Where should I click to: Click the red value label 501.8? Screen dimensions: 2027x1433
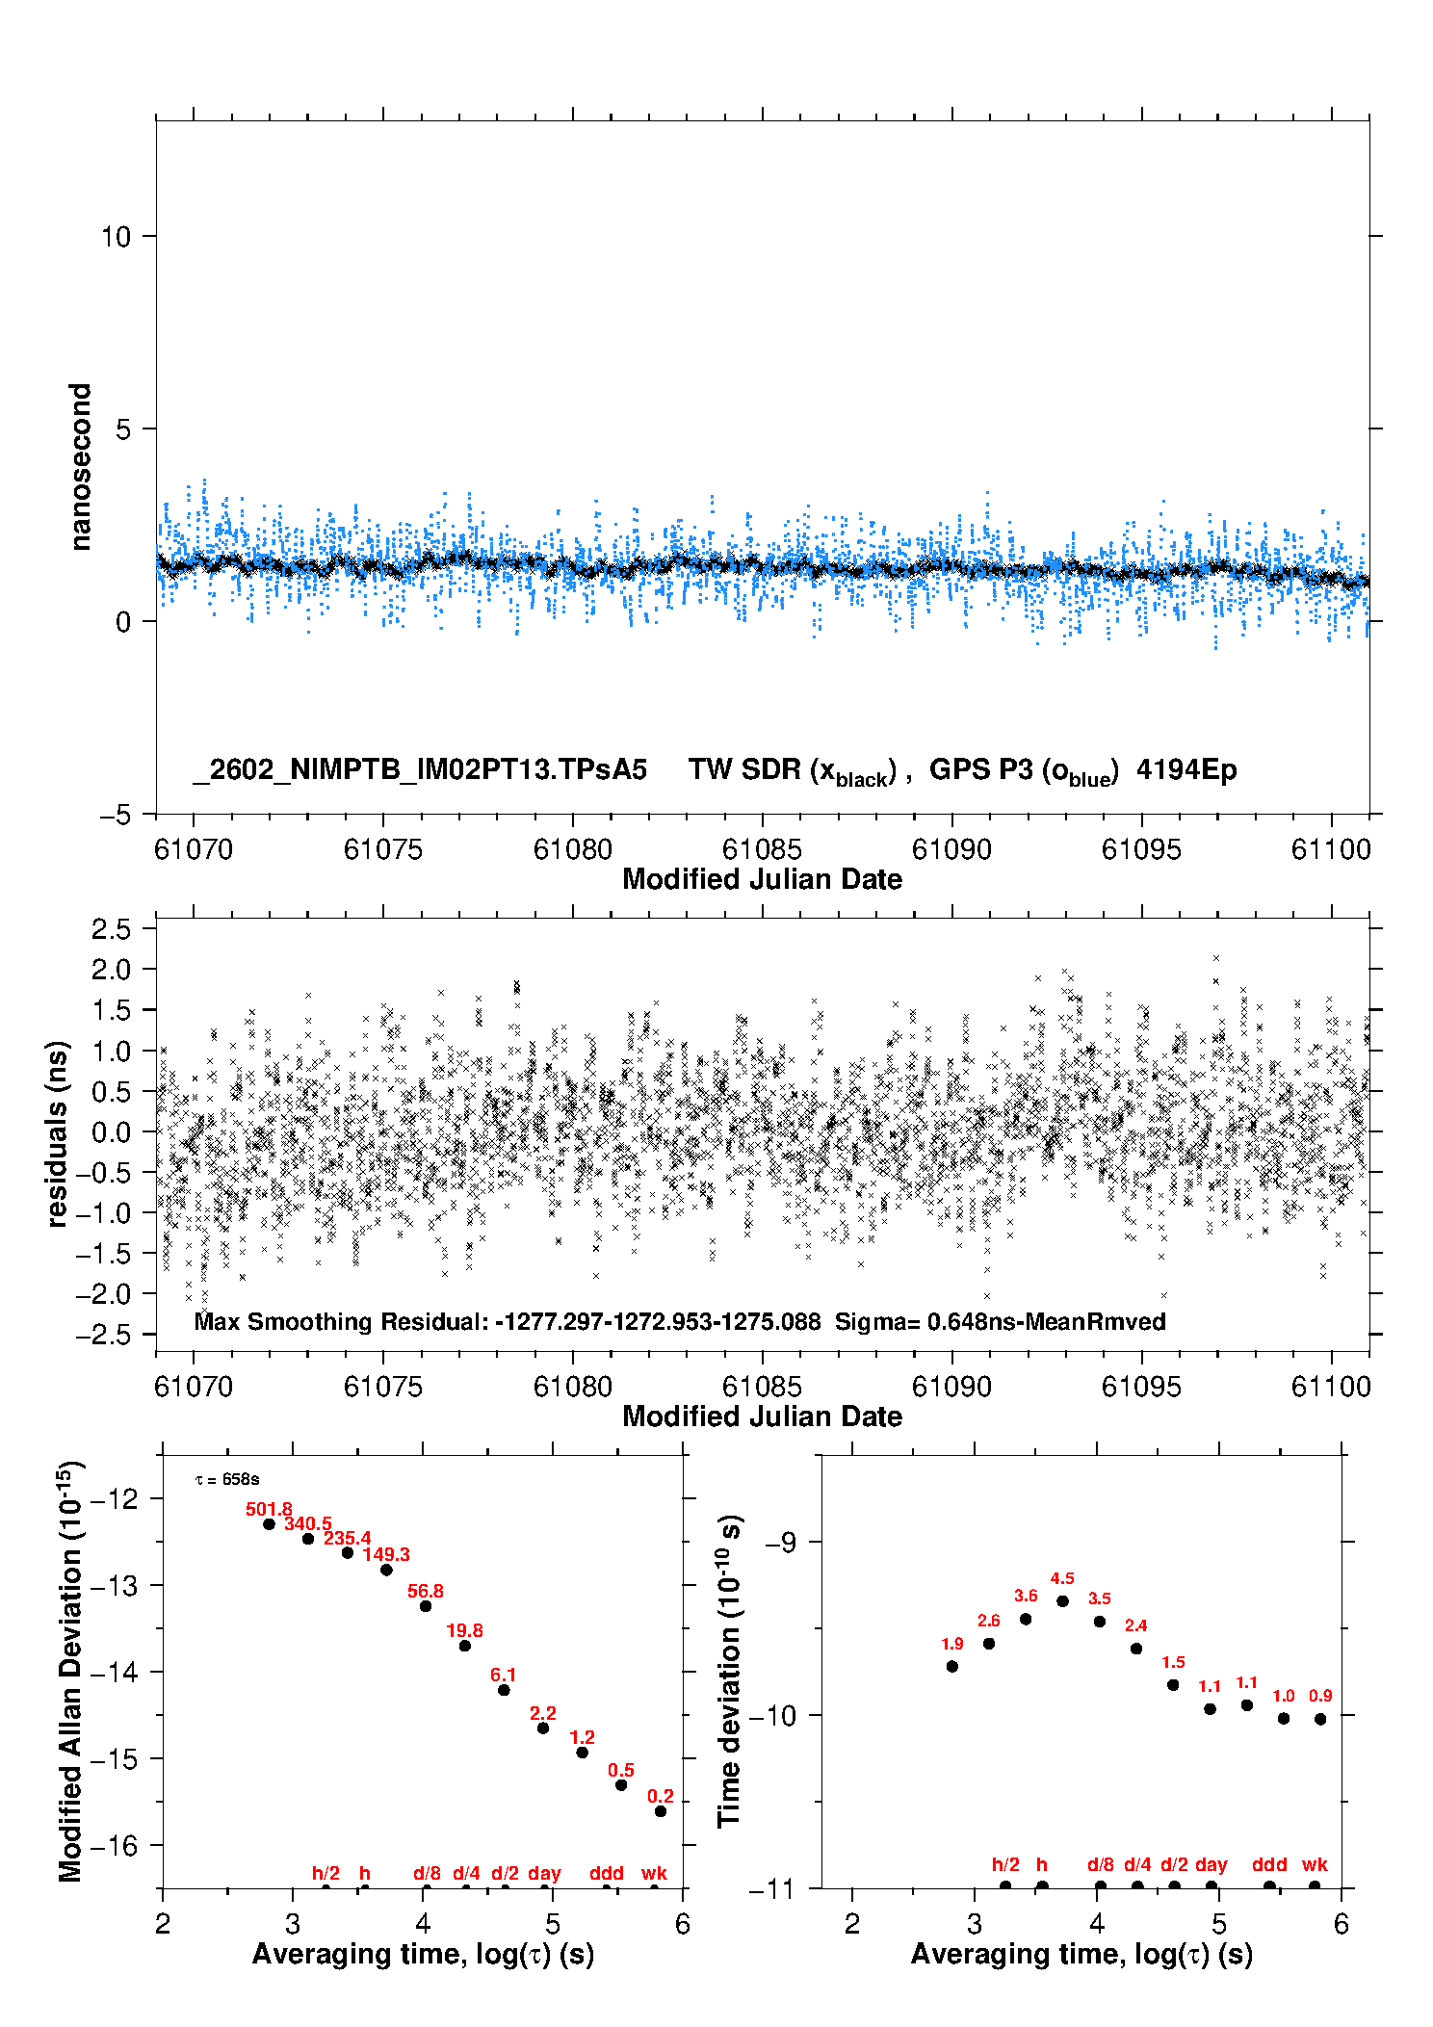pyautogui.click(x=269, y=1509)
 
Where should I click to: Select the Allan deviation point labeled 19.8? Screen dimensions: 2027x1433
pyautogui.click(x=465, y=1646)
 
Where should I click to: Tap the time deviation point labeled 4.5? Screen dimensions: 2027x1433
pyautogui.click(x=1062, y=1600)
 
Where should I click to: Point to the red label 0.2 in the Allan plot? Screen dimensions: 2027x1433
pyautogui.click(x=661, y=1796)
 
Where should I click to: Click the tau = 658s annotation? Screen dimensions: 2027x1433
pyautogui.click(x=227, y=1479)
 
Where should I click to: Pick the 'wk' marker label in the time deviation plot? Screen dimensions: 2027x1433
pyautogui.click(x=1315, y=1864)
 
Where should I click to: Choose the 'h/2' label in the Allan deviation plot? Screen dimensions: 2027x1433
pyautogui.click(x=326, y=1873)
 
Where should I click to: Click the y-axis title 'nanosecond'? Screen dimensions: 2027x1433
pyautogui.click(x=80, y=467)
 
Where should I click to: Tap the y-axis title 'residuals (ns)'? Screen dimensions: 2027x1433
pyautogui.click(x=58, y=1133)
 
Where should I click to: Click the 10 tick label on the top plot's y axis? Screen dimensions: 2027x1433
pyautogui.click(x=116, y=236)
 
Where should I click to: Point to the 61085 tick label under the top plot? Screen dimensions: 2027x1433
pyautogui.click(x=762, y=849)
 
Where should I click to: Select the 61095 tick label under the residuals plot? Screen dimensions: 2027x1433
pyautogui.click(x=1141, y=1387)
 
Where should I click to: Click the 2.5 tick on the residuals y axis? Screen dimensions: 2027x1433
pyautogui.click(x=111, y=929)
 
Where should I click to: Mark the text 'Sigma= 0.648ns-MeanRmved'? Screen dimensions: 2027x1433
pyautogui.click(x=1000, y=1321)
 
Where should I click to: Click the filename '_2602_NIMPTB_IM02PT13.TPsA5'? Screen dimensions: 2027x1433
pyautogui.click(x=420, y=769)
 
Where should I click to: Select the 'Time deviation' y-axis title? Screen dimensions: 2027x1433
pyautogui.click(x=730, y=1671)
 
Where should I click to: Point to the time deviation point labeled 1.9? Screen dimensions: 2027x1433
pyautogui.click(x=952, y=1666)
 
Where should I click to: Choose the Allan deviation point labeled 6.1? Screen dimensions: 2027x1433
pyautogui.click(x=504, y=1690)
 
